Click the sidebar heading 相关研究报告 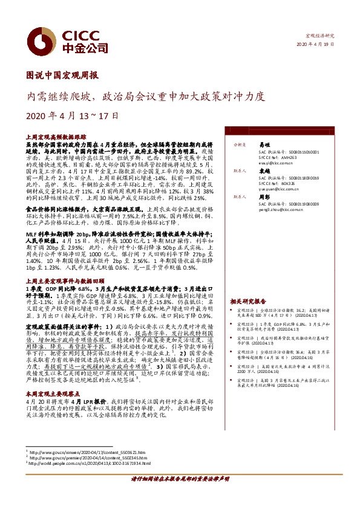tap(248, 301)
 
